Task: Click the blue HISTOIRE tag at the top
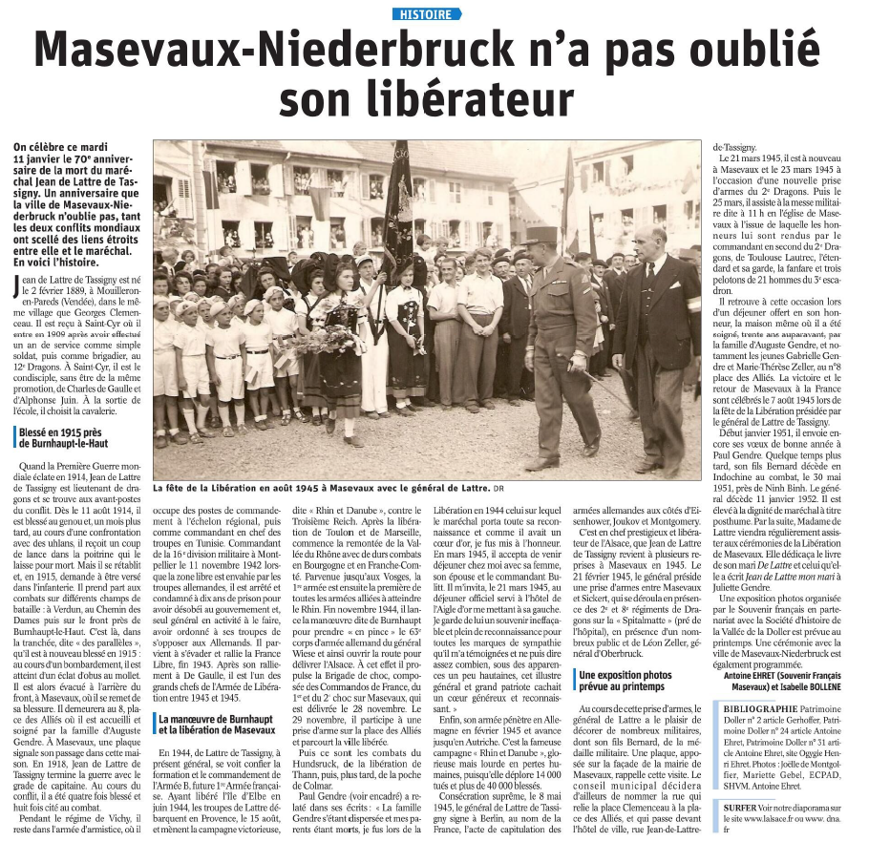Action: point(427,13)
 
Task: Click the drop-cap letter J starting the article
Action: point(18,285)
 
